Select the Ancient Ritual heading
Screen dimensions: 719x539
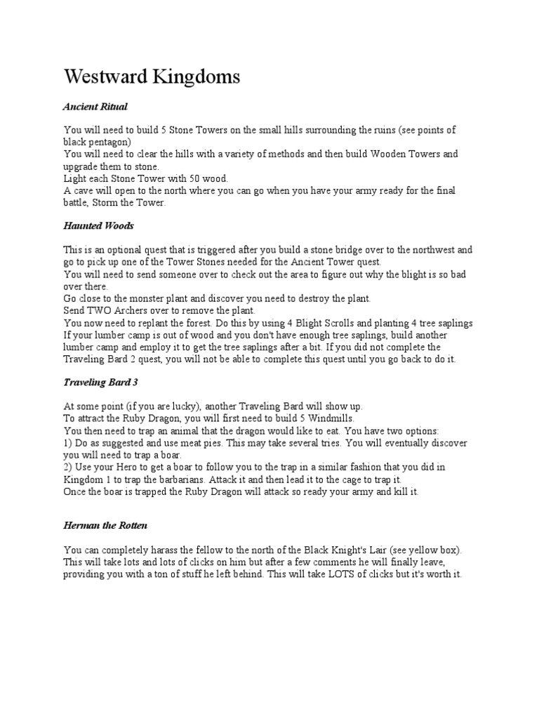[95, 107]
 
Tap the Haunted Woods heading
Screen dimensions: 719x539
[98, 226]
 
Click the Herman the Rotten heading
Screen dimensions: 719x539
[105, 526]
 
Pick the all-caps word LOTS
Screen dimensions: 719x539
[327, 574]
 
